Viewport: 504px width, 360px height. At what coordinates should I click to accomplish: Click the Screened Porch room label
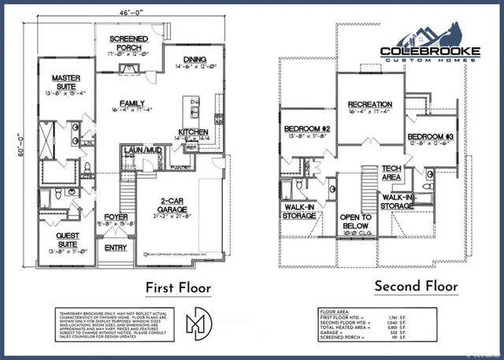[x=129, y=43]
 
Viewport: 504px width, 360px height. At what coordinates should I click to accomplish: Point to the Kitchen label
[x=192, y=132]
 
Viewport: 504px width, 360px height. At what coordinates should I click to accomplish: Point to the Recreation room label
[x=370, y=104]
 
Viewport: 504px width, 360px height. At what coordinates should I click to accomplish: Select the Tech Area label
[x=391, y=173]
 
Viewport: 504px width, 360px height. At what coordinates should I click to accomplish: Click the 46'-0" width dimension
[x=128, y=14]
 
